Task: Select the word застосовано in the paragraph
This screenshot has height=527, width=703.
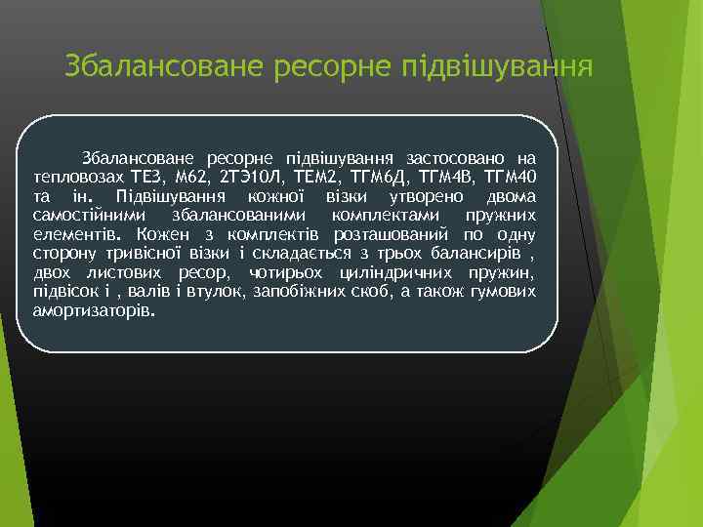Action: tap(456, 158)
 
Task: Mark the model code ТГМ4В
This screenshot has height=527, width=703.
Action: tap(446, 177)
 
